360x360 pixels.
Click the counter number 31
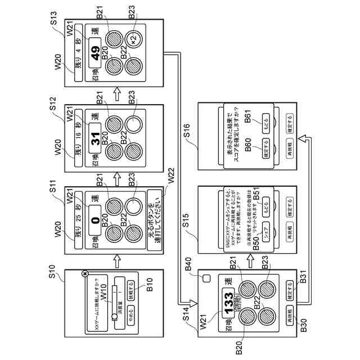pos(96,138)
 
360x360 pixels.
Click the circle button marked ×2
pos(134,39)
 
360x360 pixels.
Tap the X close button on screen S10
pos(84,273)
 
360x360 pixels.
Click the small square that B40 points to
pos(206,278)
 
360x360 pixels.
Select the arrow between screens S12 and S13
pos(117,94)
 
